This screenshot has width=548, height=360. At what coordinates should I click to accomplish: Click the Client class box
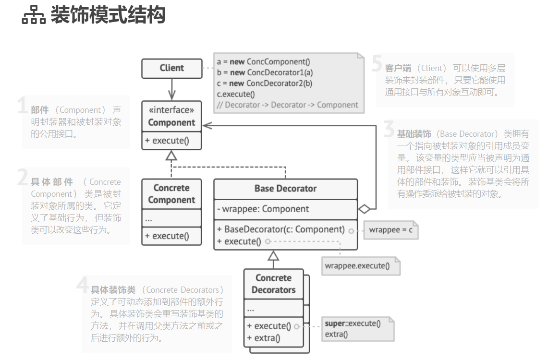pos(171,68)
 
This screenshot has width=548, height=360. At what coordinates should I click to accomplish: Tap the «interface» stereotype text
pos(171,110)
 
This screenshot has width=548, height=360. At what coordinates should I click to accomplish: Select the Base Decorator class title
pos(285,188)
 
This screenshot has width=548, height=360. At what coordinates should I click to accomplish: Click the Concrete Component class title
pos(171,194)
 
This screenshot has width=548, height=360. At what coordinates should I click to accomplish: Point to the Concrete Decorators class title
pos(273,284)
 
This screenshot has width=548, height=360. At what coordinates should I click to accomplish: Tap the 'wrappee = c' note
pos(390,230)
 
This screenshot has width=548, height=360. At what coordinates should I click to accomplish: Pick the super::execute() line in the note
pos(353,324)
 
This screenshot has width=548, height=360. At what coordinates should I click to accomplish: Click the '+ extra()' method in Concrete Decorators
pos(264,338)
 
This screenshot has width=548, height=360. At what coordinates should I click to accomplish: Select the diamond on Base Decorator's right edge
pos(365,209)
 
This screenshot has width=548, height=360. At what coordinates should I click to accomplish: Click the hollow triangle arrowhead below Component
pos(171,155)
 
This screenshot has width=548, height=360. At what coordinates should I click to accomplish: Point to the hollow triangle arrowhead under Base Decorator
pos(273,255)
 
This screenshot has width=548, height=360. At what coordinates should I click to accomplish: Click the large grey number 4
pos(83,287)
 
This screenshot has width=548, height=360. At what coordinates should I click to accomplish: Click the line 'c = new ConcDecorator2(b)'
pos(264,84)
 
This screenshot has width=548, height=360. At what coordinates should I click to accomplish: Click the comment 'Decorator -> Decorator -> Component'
pos(287,105)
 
